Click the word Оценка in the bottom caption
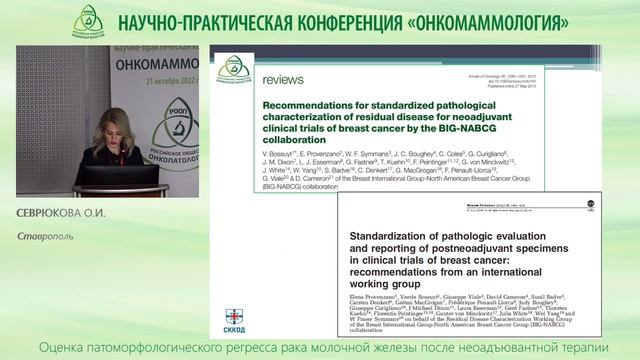62,346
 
